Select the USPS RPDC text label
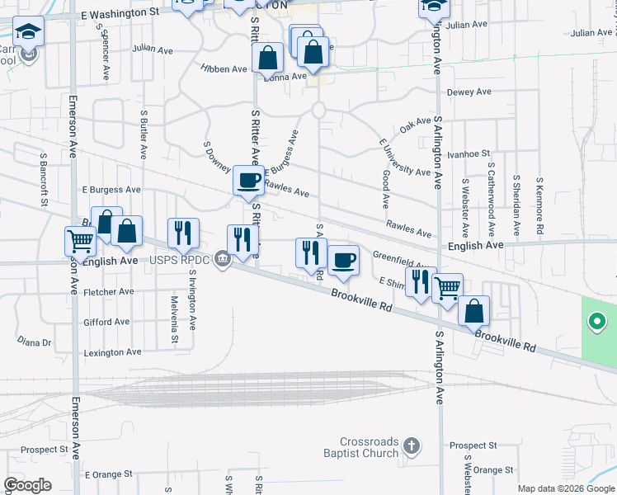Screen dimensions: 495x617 tap(180, 261)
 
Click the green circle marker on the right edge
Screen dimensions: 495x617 tap(596, 321)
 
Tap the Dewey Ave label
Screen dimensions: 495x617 tap(469, 92)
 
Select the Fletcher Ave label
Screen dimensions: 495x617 tap(108, 292)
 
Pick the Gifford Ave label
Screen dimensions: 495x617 tap(106, 322)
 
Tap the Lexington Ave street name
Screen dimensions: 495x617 tap(112, 352)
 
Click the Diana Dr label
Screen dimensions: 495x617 tap(35, 342)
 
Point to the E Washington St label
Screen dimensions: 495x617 tap(120, 14)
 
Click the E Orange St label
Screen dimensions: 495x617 tap(108, 474)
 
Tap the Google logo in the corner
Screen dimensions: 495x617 tap(27, 485)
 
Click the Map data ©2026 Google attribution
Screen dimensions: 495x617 tap(566, 488)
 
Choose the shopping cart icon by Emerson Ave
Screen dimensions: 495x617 tap(80, 241)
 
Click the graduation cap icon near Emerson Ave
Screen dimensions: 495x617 tap(29, 33)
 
